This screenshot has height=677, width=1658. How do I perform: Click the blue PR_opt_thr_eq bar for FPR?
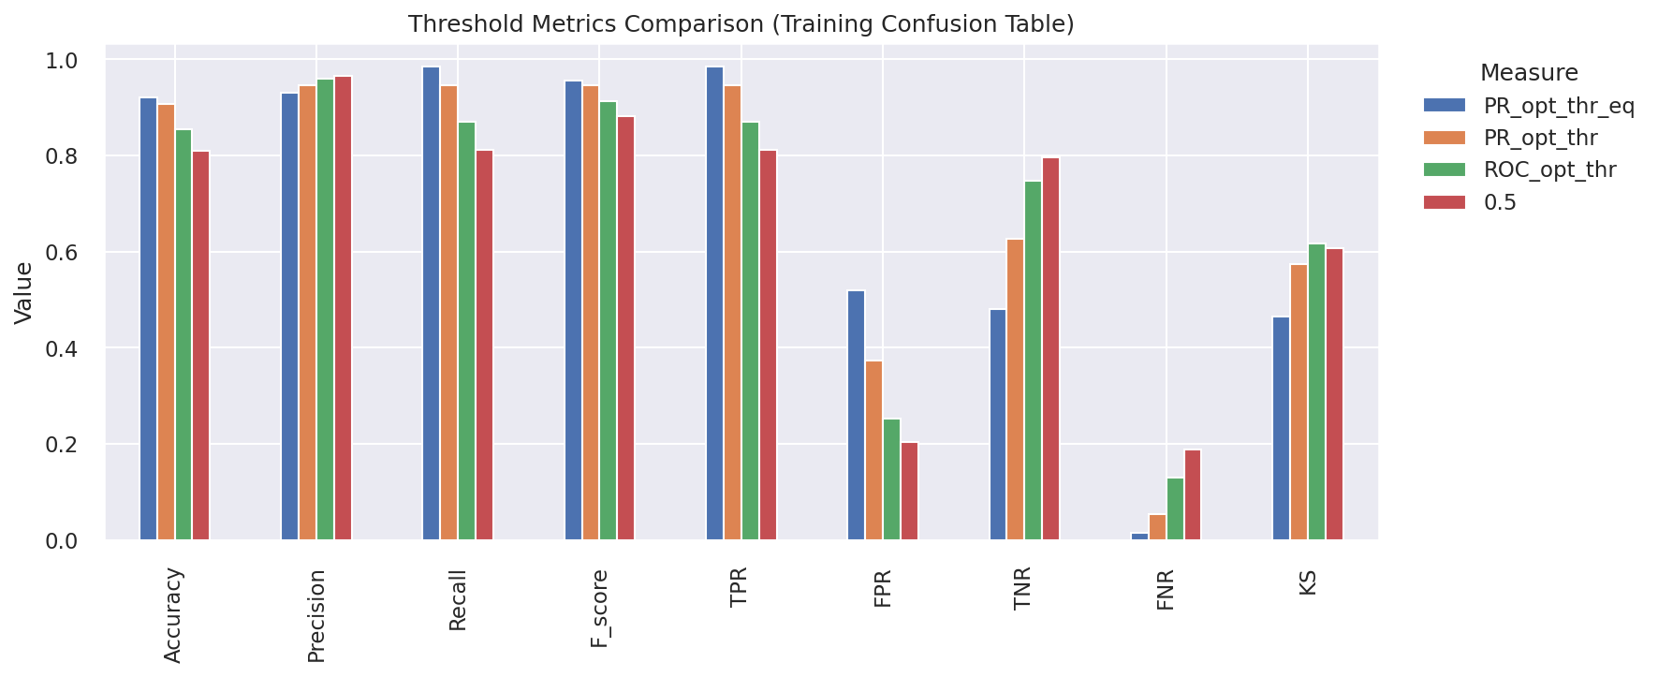click(856, 415)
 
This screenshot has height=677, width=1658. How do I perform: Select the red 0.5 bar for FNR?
click(1192, 494)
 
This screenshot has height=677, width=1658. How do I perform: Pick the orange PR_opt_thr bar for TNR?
click(1015, 390)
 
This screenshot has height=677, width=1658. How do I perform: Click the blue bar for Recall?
click(431, 303)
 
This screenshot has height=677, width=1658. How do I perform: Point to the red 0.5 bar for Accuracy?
click(201, 346)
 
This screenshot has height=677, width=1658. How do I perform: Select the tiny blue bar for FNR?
click(1138, 537)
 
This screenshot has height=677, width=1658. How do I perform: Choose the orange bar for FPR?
click(873, 450)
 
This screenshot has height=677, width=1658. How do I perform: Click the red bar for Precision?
click(343, 308)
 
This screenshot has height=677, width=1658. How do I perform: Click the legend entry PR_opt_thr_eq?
click(1558, 106)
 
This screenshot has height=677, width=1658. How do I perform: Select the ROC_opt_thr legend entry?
click(1549, 169)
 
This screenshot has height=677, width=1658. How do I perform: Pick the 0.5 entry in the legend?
click(1500, 202)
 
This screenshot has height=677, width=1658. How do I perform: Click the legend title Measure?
click(1528, 73)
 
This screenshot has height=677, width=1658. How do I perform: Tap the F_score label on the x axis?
click(600, 609)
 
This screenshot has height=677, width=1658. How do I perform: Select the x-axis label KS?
click(1308, 581)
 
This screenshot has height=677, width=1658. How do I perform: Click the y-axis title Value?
click(24, 293)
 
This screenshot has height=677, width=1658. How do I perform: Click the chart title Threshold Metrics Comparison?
click(741, 24)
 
